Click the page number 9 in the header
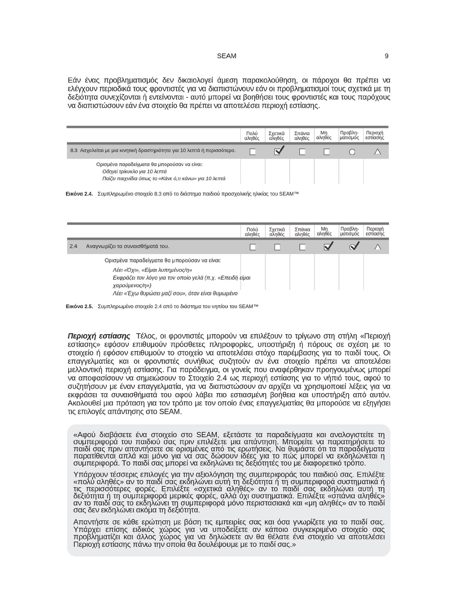click(386, 56)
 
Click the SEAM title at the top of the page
click(226, 56)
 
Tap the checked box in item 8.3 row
click(278, 152)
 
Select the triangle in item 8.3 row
click(377, 152)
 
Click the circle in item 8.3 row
click(352, 152)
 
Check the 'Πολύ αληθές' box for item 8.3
click(253, 152)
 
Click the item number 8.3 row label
click(74, 151)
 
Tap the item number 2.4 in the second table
click(73, 246)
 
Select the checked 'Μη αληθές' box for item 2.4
click(327, 247)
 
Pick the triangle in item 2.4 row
click(377, 247)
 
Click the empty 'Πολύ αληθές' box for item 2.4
click(253, 247)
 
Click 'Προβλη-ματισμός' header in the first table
click(349, 135)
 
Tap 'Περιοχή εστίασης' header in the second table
click(375, 231)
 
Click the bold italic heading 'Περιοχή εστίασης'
click(99, 336)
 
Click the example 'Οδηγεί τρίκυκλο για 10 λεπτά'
click(135, 171)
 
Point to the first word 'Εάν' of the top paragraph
click(73, 81)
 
